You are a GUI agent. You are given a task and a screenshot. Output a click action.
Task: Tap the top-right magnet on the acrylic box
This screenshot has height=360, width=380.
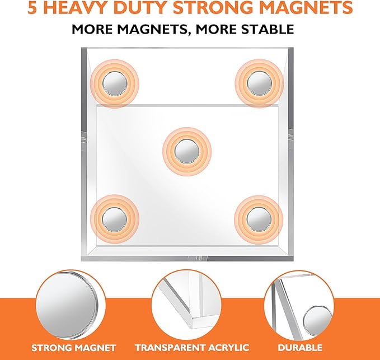click(259, 84)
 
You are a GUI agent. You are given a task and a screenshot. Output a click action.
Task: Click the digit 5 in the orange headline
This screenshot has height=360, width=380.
click(34, 8)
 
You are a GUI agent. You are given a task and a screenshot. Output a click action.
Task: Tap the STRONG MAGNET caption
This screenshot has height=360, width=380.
click(74, 348)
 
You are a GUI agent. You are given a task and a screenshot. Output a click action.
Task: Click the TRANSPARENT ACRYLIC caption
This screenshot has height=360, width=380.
click(190, 348)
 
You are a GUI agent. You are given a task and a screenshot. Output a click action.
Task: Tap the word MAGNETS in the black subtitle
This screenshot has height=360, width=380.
click(167, 29)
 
